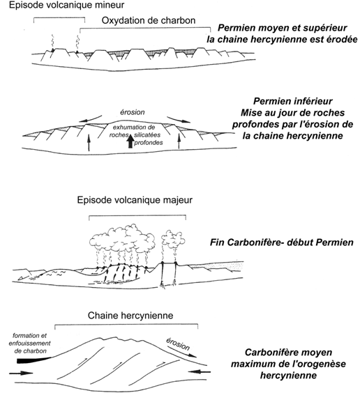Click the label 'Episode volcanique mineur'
point(66,5)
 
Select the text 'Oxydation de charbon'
point(149,20)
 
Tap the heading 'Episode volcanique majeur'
point(135,200)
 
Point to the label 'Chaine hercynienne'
point(130,316)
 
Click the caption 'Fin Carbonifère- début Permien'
point(282,242)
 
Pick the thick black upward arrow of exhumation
point(130,141)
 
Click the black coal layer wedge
point(34,360)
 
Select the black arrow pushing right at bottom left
point(21,373)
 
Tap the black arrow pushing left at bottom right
point(200,371)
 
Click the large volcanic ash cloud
point(122,239)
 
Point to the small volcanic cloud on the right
point(173,239)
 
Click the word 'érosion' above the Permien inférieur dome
point(132,112)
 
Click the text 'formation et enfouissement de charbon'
point(29,344)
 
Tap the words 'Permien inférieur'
point(293,101)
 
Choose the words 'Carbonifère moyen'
point(289,353)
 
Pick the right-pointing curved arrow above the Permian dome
point(178,119)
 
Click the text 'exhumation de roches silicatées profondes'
point(136,135)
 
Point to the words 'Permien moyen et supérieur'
point(283,28)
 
